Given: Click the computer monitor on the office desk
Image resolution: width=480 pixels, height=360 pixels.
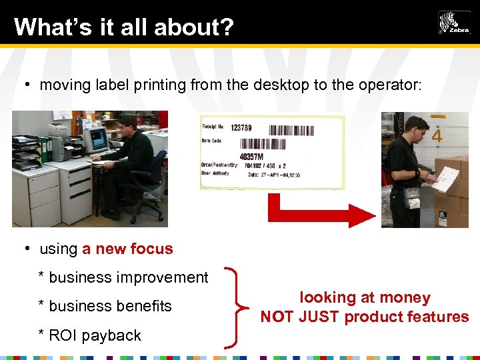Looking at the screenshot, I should point(97,140).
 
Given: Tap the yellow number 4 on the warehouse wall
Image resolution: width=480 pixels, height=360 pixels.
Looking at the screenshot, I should point(437,136).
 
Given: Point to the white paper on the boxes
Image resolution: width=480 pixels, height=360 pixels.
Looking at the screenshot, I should point(445,178).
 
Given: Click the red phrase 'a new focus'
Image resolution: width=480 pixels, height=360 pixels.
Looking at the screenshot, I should point(127,249).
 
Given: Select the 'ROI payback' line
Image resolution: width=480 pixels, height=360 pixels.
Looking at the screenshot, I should point(94,335).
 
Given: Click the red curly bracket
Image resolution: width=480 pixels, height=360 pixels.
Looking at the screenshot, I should point(234,307).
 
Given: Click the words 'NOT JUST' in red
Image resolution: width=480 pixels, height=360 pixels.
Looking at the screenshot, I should point(300,317).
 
